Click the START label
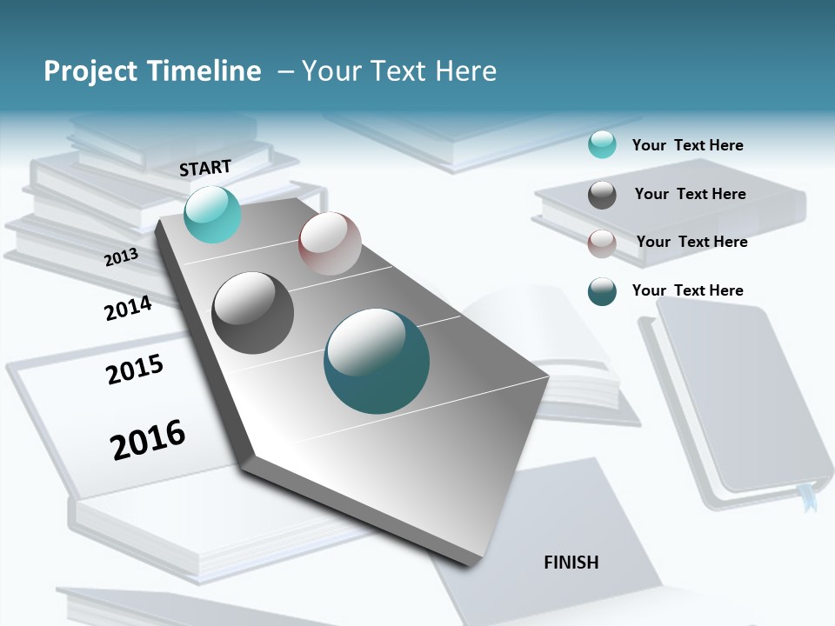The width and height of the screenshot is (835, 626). coord(205,168)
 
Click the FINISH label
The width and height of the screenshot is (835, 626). coord(571,563)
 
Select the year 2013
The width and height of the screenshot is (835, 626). coord(122,257)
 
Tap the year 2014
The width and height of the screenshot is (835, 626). coord(128,309)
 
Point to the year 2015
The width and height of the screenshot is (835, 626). coord(135,370)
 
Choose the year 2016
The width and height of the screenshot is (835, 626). coord(148,439)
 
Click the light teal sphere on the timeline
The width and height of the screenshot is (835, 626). coord(212,215)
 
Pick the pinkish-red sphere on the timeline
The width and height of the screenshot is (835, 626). coord(330,243)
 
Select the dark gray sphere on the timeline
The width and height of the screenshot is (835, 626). coord(253,313)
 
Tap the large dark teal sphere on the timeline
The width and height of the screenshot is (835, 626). coord(377,361)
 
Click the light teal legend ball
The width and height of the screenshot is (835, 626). coord(602,144)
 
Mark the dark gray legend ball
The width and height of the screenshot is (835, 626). coord(602,195)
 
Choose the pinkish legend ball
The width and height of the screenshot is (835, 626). coord(602,243)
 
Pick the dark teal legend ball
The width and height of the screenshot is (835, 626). coord(602,291)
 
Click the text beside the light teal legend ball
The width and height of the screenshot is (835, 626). coord(688,145)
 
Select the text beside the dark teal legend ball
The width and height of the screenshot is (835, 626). coord(688,290)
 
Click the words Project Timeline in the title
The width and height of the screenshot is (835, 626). coord(152,71)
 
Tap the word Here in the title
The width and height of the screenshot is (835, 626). coord(465,71)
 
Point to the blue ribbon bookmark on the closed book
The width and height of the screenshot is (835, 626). coord(809,499)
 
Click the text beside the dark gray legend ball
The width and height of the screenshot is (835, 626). coord(691,194)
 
